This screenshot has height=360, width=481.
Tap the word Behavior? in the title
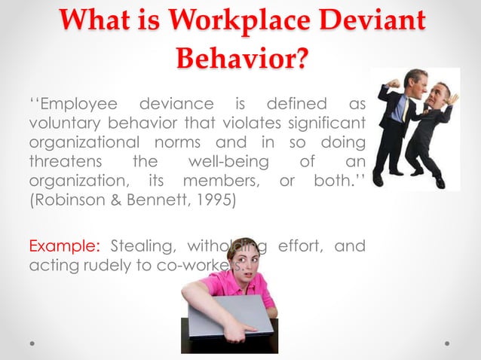coord(240,57)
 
